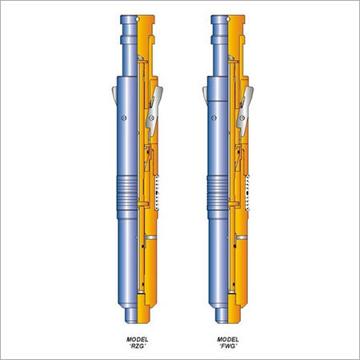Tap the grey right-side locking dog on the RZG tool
(x=153, y=103)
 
